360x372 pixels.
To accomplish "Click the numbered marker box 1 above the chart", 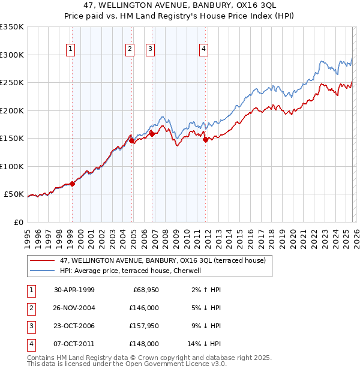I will pyautogui.click(x=71, y=49).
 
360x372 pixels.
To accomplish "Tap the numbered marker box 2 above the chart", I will pyautogui.click(x=130, y=49).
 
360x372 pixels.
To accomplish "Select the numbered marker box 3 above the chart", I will pyautogui.click(x=150, y=49).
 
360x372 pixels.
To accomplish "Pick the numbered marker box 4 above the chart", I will pyautogui.click(x=204, y=49).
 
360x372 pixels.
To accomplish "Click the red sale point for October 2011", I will pyautogui.click(x=205, y=140).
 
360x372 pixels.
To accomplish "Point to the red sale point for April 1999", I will pyautogui.click(x=73, y=184).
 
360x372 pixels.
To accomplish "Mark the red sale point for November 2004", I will pyautogui.click(x=132, y=141).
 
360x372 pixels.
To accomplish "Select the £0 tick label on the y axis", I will pyautogui.click(x=18, y=222).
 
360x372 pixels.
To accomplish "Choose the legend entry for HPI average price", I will pyautogui.click(x=134, y=271).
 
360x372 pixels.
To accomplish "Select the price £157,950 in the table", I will pyautogui.click(x=145, y=327).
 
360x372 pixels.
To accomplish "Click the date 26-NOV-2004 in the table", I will pyautogui.click(x=74, y=308).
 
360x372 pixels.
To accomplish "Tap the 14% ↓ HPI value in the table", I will pyautogui.click(x=205, y=344).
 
